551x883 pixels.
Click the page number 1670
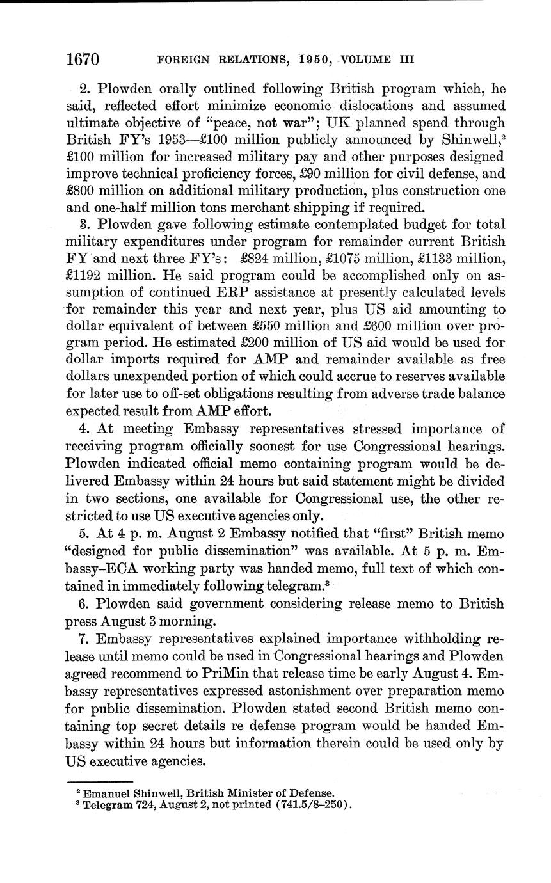(83, 60)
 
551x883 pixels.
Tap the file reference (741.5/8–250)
(313, 804)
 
